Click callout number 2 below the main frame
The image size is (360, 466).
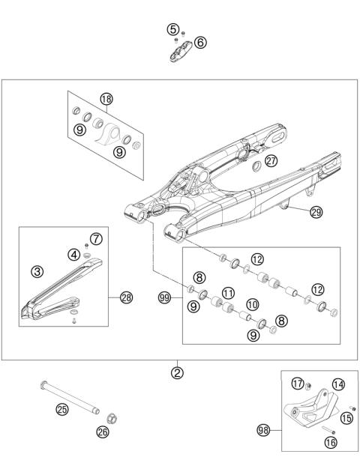pos(177,372)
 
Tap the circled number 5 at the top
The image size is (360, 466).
pos(173,30)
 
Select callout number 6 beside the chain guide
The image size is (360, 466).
pos(200,42)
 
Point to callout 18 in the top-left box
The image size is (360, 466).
pos(106,99)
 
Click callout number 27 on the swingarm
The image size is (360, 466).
pos(271,160)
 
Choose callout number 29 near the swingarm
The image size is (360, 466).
pos(316,213)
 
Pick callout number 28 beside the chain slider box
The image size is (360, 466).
pos(126,297)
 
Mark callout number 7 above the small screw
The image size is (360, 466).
pos(94,239)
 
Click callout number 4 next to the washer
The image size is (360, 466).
pos(75,254)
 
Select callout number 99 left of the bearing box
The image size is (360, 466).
pos(165,297)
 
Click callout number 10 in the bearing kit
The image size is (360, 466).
pos(252,305)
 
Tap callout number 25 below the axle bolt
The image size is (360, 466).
pos(61,409)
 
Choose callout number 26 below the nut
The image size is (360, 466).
pos(103,431)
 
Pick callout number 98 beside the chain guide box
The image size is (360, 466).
pos(263,430)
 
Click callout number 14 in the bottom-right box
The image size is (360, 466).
pos(338,384)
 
